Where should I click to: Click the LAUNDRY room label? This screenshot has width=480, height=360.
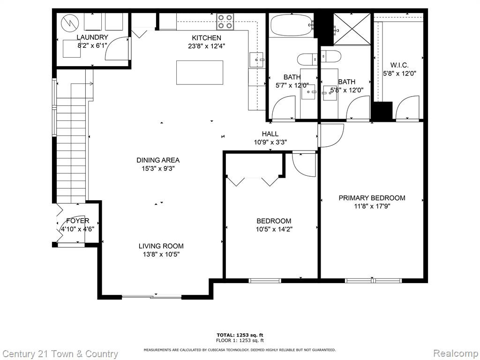tap(92, 37)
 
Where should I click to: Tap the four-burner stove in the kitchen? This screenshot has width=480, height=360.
tap(225, 22)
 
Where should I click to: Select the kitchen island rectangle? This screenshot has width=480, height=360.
tap(200, 73)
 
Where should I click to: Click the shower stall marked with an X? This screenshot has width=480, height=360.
tap(352, 29)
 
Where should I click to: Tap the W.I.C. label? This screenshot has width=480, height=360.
tap(399, 65)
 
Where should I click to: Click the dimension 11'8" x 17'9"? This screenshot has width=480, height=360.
tap(372, 206)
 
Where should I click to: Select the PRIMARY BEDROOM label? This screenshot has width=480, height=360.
tap(372, 198)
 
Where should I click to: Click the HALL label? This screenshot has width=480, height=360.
tap(270, 134)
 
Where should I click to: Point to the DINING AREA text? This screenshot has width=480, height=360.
tap(158, 160)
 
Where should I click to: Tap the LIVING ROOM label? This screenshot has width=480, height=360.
tap(161, 246)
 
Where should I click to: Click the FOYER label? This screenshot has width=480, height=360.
tap(78, 221)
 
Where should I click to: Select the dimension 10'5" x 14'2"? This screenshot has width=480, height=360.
tap(274, 229)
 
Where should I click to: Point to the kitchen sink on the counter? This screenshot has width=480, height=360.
tap(256, 60)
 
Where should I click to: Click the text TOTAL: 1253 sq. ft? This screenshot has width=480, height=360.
tap(240, 335)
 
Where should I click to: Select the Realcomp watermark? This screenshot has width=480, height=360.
tap(456, 353)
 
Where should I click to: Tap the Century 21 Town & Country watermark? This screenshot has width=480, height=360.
tap(60, 354)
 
